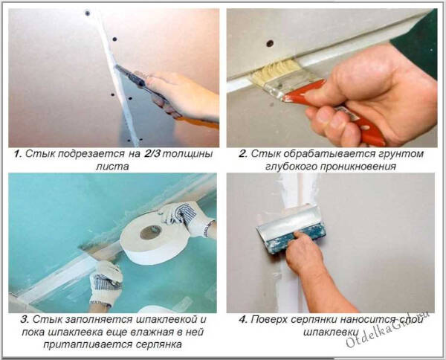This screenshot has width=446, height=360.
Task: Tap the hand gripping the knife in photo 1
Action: tap(182, 93)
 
